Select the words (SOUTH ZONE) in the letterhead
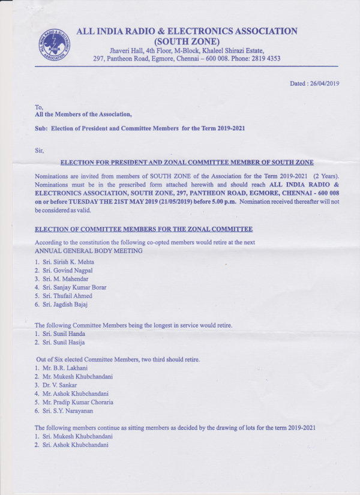[x=187, y=41]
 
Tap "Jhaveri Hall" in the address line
[x=127, y=50]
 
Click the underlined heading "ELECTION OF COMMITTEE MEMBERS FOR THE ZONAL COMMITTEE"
[x=143, y=230]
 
